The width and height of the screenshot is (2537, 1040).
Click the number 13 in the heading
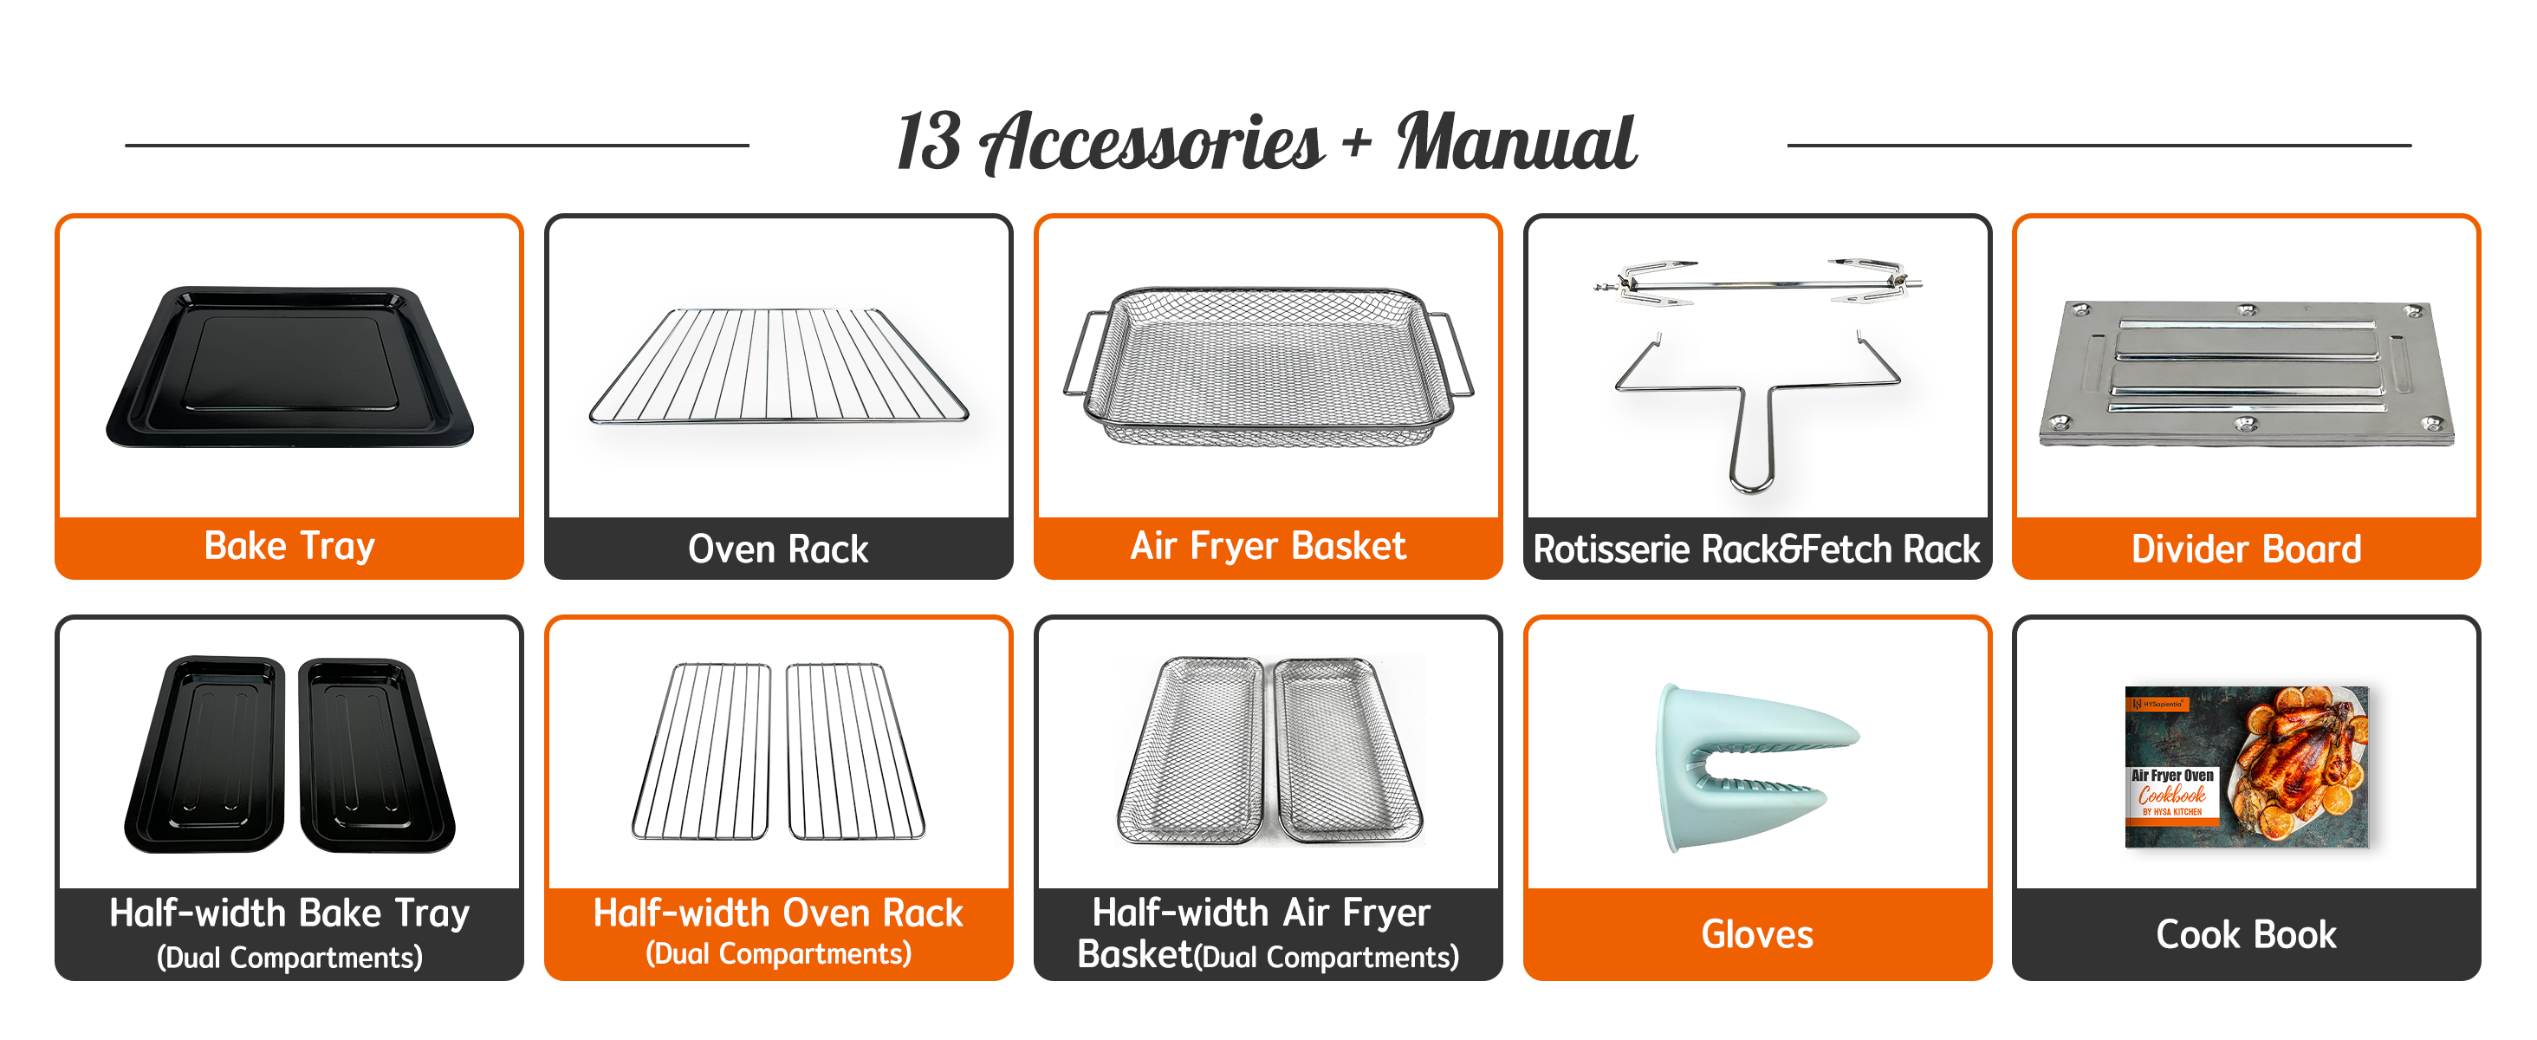coord(929,142)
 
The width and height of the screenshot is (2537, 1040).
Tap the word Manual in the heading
coord(1516,142)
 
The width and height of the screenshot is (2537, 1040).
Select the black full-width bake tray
coord(289,367)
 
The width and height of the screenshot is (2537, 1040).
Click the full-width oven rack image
coord(778,366)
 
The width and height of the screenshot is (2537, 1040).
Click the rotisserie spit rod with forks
coord(1758,283)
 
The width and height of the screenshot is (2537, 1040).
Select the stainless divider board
coord(2247,373)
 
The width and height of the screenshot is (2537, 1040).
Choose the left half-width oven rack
coord(701,751)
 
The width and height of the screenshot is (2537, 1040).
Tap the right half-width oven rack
coord(855,751)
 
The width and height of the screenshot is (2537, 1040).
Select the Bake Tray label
coord(289,547)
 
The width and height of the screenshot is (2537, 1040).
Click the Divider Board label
coord(2247,549)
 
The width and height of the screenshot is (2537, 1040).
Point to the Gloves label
coord(1757,933)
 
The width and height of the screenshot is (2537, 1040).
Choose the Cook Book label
coord(2247,933)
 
